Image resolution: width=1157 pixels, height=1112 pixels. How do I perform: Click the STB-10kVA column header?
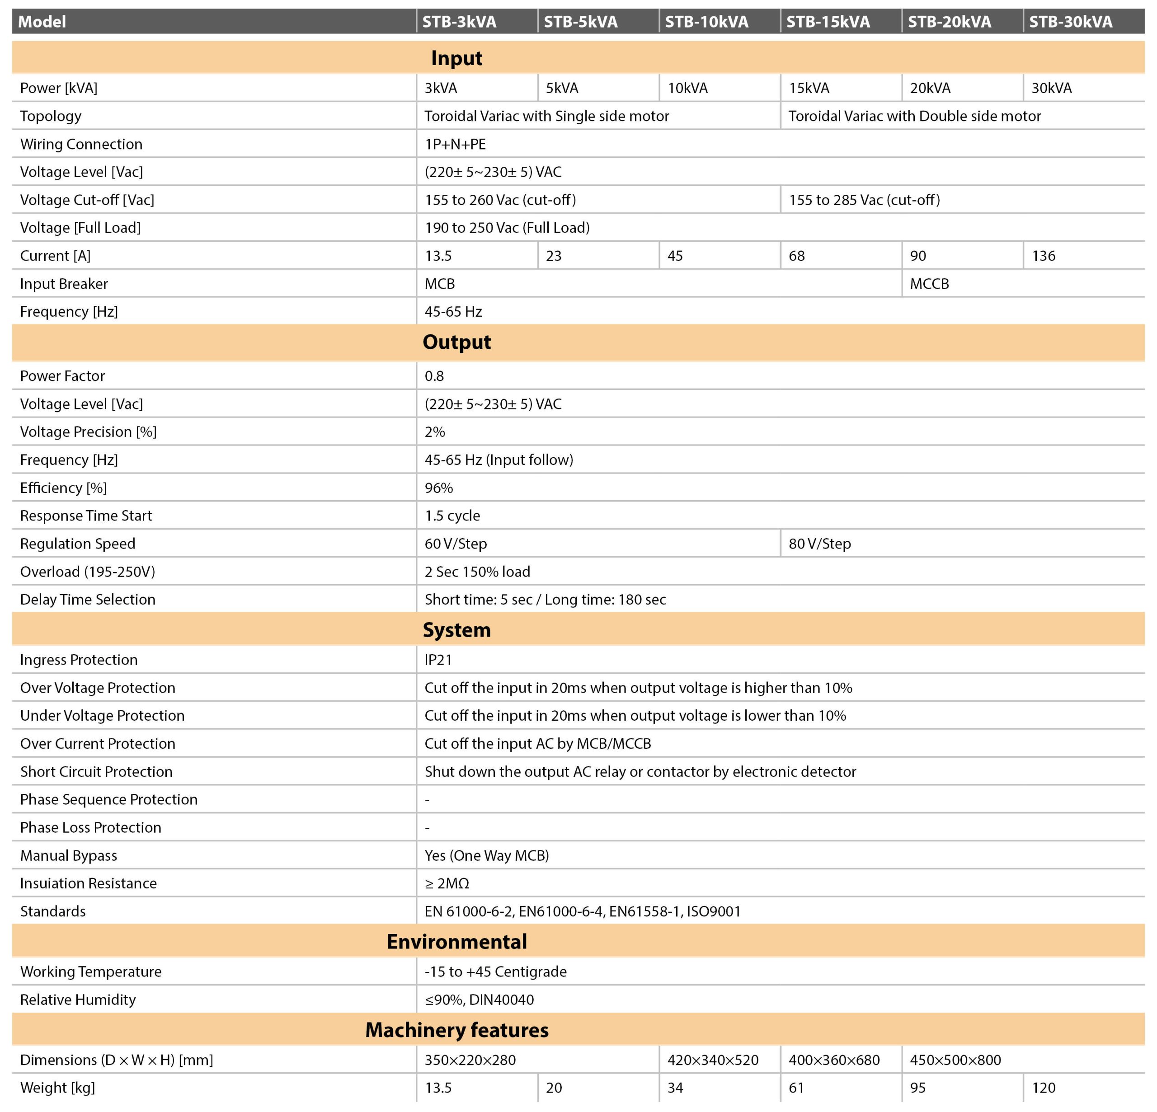pyautogui.click(x=706, y=22)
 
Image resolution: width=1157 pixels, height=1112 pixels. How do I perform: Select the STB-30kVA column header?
pyautogui.click(x=1070, y=22)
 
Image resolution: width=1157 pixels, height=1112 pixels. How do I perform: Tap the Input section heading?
pyautogui.click(x=456, y=58)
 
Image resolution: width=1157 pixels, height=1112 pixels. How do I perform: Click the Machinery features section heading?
pyautogui.click(x=456, y=1029)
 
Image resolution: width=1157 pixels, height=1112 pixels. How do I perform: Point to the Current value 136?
pyautogui.click(x=1043, y=256)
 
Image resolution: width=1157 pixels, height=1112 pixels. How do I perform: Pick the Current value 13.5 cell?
pyautogui.click(x=438, y=256)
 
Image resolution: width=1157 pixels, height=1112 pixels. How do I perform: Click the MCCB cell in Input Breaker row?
pyautogui.click(x=929, y=284)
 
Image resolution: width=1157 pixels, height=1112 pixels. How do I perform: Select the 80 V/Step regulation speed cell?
pyautogui.click(x=819, y=544)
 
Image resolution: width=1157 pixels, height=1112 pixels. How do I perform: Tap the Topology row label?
pyautogui.click(x=51, y=116)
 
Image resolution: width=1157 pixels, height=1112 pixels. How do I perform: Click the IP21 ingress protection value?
pyautogui.click(x=438, y=659)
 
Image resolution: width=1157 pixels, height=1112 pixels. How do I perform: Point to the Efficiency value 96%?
pyautogui.click(x=438, y=488)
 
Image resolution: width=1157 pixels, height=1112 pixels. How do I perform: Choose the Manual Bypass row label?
pyautogui.click(x=69, y=855)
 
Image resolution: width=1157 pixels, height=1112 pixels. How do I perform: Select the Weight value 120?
pyautogui.click(x=1043, y=1087)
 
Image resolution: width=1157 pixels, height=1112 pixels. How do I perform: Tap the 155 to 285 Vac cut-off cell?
pyautogui.click(x=864, y=200)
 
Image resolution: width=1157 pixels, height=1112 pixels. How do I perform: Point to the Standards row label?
pyautogui.click(x=52, y=911)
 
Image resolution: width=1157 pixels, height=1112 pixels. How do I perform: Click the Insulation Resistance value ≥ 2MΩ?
pyautogui.click(x=447, y=883)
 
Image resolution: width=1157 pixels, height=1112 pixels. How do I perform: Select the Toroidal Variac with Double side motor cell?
pyautogui.click(x=914, y=116)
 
